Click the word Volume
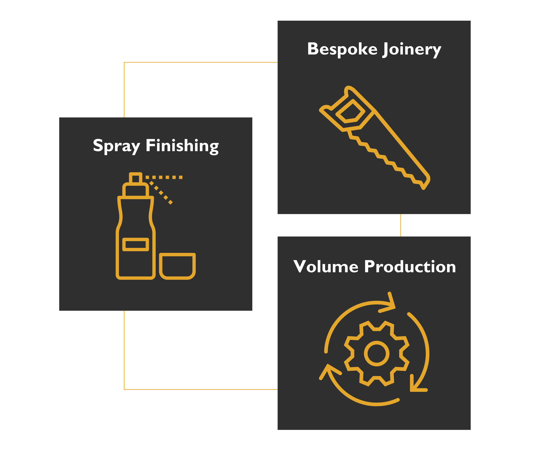pyautogui.click(x=325, y=267)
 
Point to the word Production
pyautogui.click(x=410, y=267)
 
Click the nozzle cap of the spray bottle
pyautogui.click(x=136, y=179)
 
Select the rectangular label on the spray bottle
pyautogui.click(x=136, y=244)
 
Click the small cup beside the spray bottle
pyautogui.click(x=177, y=266)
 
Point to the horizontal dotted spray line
pyautogui.click(x=164, y=177)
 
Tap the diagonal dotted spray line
pyautogui.click(x=161, y=193)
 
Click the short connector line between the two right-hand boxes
pyautogui.click(x=401, y=225)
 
